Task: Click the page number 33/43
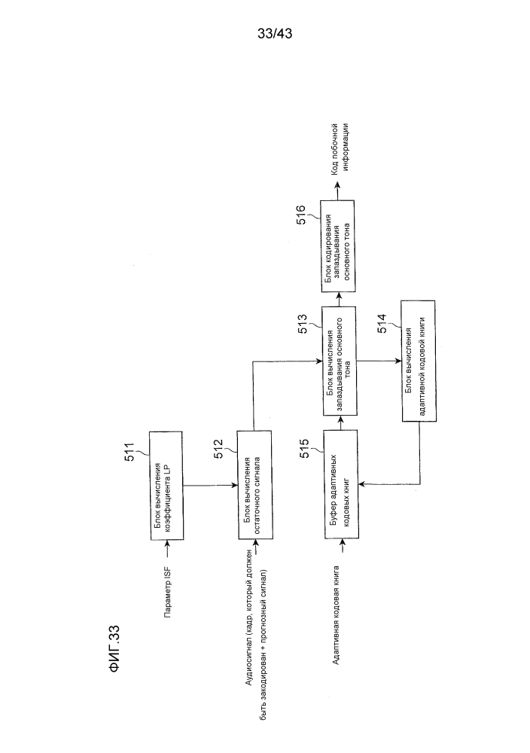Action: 275,34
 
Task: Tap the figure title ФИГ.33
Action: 114,649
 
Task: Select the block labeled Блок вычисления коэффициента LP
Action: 166,485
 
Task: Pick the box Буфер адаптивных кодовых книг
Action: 341,484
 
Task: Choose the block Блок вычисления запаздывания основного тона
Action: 340,361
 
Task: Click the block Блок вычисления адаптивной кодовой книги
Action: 418,361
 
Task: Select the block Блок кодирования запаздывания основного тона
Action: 337,246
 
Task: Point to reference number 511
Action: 129,452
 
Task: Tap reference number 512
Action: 218,450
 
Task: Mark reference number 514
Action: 382,324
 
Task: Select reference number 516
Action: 301,215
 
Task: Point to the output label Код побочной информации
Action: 340,148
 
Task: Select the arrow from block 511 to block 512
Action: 210,485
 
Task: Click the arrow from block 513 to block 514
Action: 379,361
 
